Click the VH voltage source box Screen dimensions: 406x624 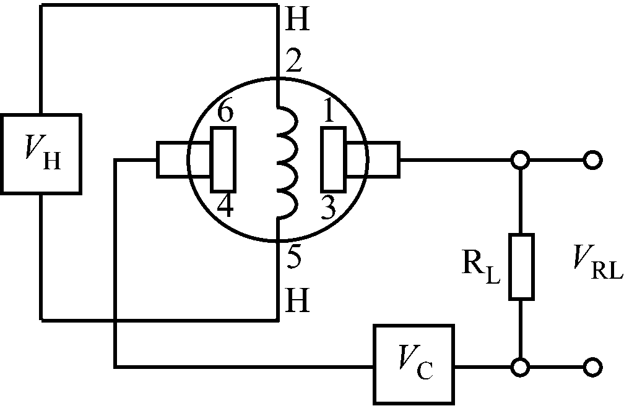tap(41, 153)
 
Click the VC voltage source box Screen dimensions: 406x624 tap(413, 365)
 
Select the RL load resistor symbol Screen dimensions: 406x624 tap(521, 267)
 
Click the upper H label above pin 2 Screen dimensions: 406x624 tap(296, 22)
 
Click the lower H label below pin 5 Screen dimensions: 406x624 tap(295, 301)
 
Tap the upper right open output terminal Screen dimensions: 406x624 tap(593, 161)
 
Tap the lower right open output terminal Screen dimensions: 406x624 tap(593, 366)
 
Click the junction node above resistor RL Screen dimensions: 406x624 tap(521, 161)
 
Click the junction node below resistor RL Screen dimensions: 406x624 tap(521, 366)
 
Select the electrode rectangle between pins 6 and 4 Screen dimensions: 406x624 tap(223, 159)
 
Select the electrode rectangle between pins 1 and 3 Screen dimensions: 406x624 tap(333, 159)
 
